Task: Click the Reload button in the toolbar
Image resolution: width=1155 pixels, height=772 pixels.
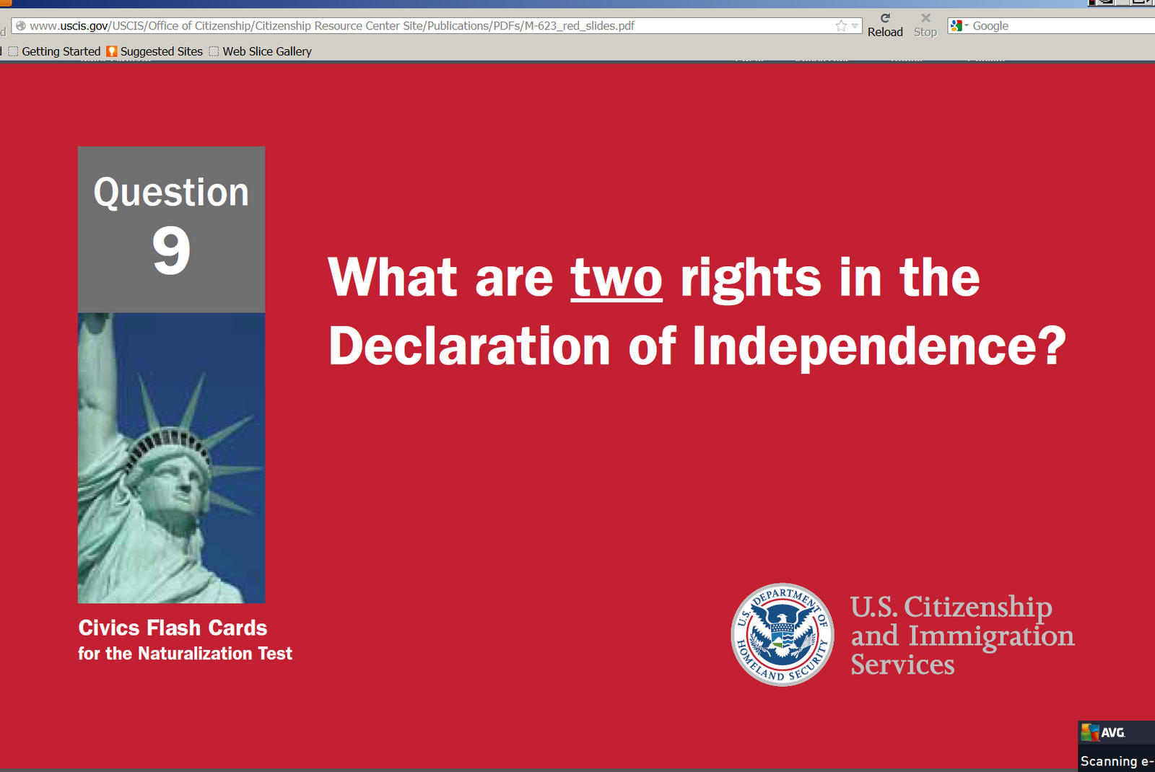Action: click(x=885, y=26)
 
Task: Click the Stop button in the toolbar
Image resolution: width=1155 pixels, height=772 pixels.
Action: click(x=925, y=26)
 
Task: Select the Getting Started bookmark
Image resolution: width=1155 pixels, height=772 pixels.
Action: click(x=55, y=51)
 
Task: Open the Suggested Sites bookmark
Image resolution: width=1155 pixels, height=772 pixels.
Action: click(x=154, y=51)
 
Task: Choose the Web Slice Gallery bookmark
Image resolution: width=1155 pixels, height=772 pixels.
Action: click(x=261, y=51)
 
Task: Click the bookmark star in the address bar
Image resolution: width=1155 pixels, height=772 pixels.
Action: click(x=841, y=26)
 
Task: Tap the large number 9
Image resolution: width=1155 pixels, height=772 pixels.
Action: click(x=172, y=250)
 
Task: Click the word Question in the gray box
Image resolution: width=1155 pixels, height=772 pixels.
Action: click(x=171, y=193)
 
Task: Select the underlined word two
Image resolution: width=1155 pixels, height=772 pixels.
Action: click(x=616, y=278)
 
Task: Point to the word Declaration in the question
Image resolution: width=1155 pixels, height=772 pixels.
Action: click(x=469, y=346)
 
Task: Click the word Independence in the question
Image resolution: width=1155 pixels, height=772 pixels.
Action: click(x=879, y=346)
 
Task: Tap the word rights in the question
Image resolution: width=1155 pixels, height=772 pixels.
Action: click(x=751, y=278)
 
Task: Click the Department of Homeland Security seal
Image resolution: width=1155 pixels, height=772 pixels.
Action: click(x=783, y=634)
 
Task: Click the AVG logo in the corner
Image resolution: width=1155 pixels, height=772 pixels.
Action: click(x=1103, y=732)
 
